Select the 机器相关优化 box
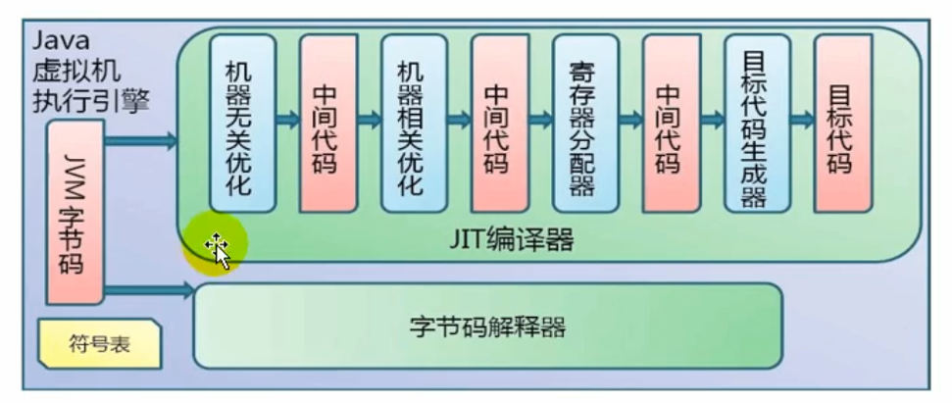pyautogui.click(x=414, y=123)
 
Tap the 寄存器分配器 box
pyautogui.click(x=585, y=123)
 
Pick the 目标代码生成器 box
pyautogui.click(x=757, y=123)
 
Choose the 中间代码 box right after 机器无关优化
pyautogui.click(x=327, y=123)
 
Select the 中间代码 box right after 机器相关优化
pyautogui.click(x=500, y=123)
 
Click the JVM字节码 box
pyautogui.click(x=75, y=210)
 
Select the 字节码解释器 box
pyautogui.click(x=487, y=327)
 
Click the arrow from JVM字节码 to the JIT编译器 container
pyautogui.click(x=141, y=142)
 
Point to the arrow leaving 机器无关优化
pyautogui.click(x=287, y=120)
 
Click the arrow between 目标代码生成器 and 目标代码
pyautogui.click(x=802, y=120)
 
